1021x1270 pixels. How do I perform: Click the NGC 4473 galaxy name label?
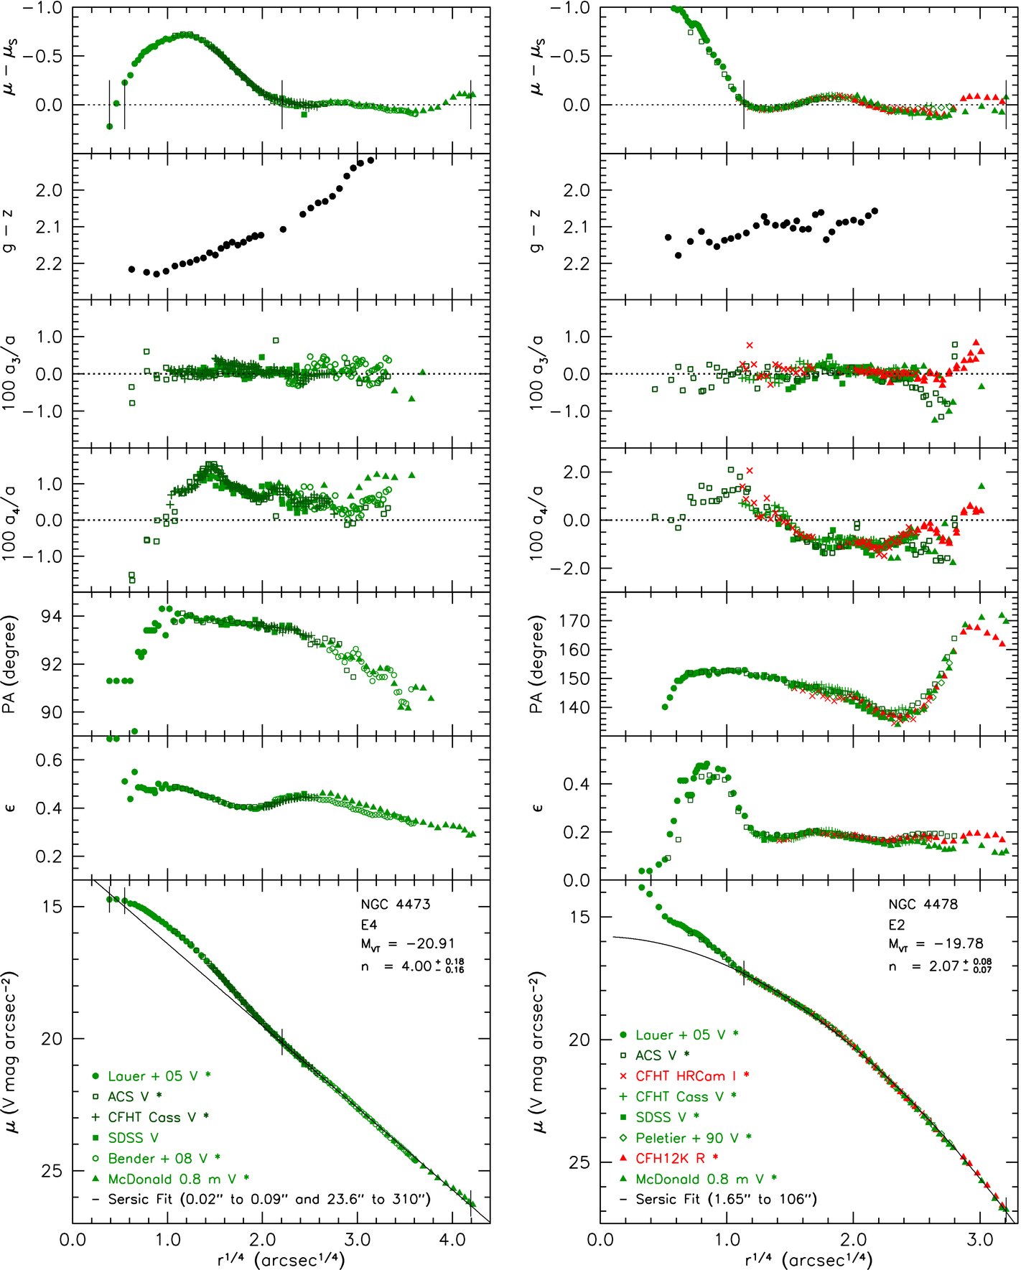(x=396, y=904)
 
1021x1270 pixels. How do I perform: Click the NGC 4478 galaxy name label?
(x=923, y=904)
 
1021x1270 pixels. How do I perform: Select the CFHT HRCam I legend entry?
(x=685, y=1075)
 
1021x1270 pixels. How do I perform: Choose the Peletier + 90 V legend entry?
(x=685, y=1137)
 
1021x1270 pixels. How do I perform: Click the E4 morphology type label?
(x=369, y=925)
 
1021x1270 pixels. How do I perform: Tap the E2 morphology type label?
(x=897, y=925)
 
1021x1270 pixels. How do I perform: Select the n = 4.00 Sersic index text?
(x=413, y=966)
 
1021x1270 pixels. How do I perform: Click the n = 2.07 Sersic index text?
(x=941, y=966)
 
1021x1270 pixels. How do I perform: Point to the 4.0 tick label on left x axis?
(x=452, y=1240)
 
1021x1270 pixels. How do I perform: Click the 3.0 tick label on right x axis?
(x=980, y=1240)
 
